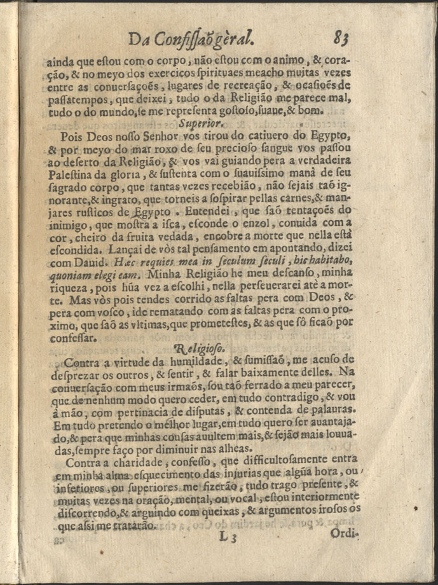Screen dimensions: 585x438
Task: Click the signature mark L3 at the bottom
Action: [x=228, y=537]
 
